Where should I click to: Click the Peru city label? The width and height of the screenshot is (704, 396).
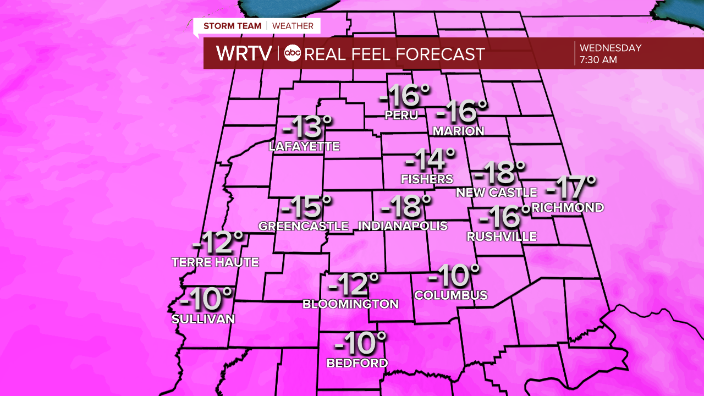pyautogui.click(x=402, y=116)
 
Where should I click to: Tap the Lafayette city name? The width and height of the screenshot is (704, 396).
pyautogui.click(x=304, y=147)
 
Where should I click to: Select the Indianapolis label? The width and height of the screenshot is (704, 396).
pyautogui.click(x=403, y=226)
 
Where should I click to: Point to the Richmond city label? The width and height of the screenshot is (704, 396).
pyautogui.click(x=568, y=208)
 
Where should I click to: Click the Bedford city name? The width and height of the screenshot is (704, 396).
pyautogui.click(x=357, y=363)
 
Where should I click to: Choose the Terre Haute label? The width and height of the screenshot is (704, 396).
pyautogui.click(x=215, y=262)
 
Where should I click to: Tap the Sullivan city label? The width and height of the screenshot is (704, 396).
pyautogui.click(x=203, y=319)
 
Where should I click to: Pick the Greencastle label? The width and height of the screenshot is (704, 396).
pyautogui.click(x=304, y=226)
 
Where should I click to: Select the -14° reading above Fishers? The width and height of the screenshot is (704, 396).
pyautogui.click(x=430, y=160)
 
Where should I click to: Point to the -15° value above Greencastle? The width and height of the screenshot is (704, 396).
pyautogui.click(x=306, y=207)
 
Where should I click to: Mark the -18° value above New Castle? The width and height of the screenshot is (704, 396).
pyautogui.click(x=499, y=174)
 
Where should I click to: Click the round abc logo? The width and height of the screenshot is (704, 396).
pyautogui.click(x=293, y=53)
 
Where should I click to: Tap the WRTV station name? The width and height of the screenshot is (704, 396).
pyautogui.click(x=244, y=53)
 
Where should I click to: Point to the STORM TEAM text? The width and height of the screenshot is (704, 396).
pyautogui.click(x=232, y=26)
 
